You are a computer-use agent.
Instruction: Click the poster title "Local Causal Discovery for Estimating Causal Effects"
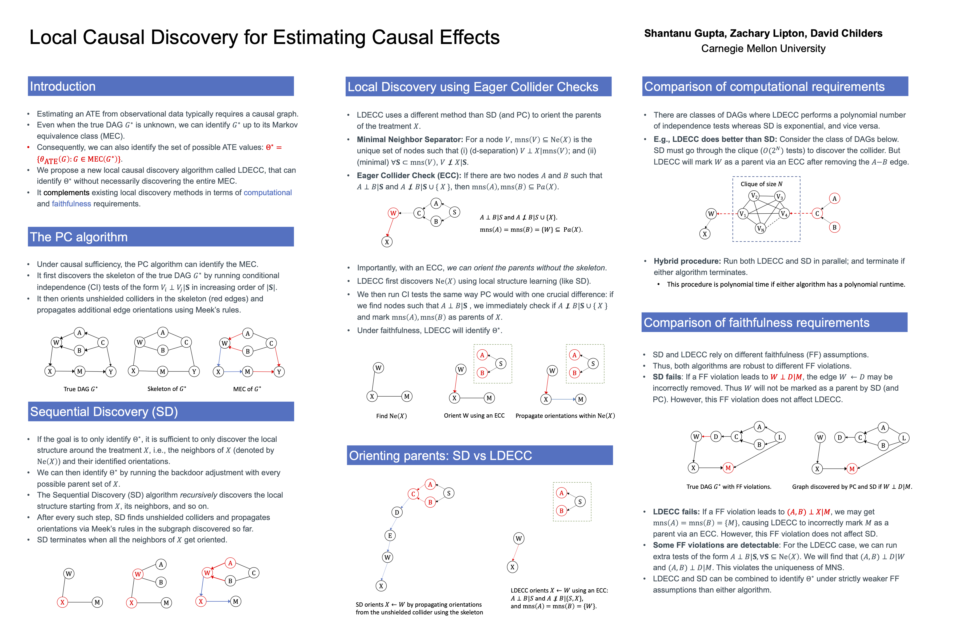265,38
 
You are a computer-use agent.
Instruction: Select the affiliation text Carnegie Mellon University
763,49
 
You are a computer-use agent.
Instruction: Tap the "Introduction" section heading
63,86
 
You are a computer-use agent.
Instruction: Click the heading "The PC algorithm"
79,237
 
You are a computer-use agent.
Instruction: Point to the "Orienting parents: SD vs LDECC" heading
441,455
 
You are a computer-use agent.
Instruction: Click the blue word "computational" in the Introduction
267,193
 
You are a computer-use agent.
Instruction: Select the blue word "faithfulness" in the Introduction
71,204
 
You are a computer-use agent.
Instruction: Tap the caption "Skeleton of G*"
166,389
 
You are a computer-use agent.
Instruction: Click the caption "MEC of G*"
247,389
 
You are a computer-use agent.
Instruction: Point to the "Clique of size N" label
761,184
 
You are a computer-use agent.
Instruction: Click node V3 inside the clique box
779,197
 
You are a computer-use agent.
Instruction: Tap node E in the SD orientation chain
390,535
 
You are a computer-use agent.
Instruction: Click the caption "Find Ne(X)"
391,416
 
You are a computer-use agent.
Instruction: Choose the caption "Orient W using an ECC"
474,415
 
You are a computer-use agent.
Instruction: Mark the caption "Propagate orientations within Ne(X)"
565,416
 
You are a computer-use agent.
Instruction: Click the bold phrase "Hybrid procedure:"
687,261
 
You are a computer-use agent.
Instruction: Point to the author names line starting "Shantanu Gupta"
763,34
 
